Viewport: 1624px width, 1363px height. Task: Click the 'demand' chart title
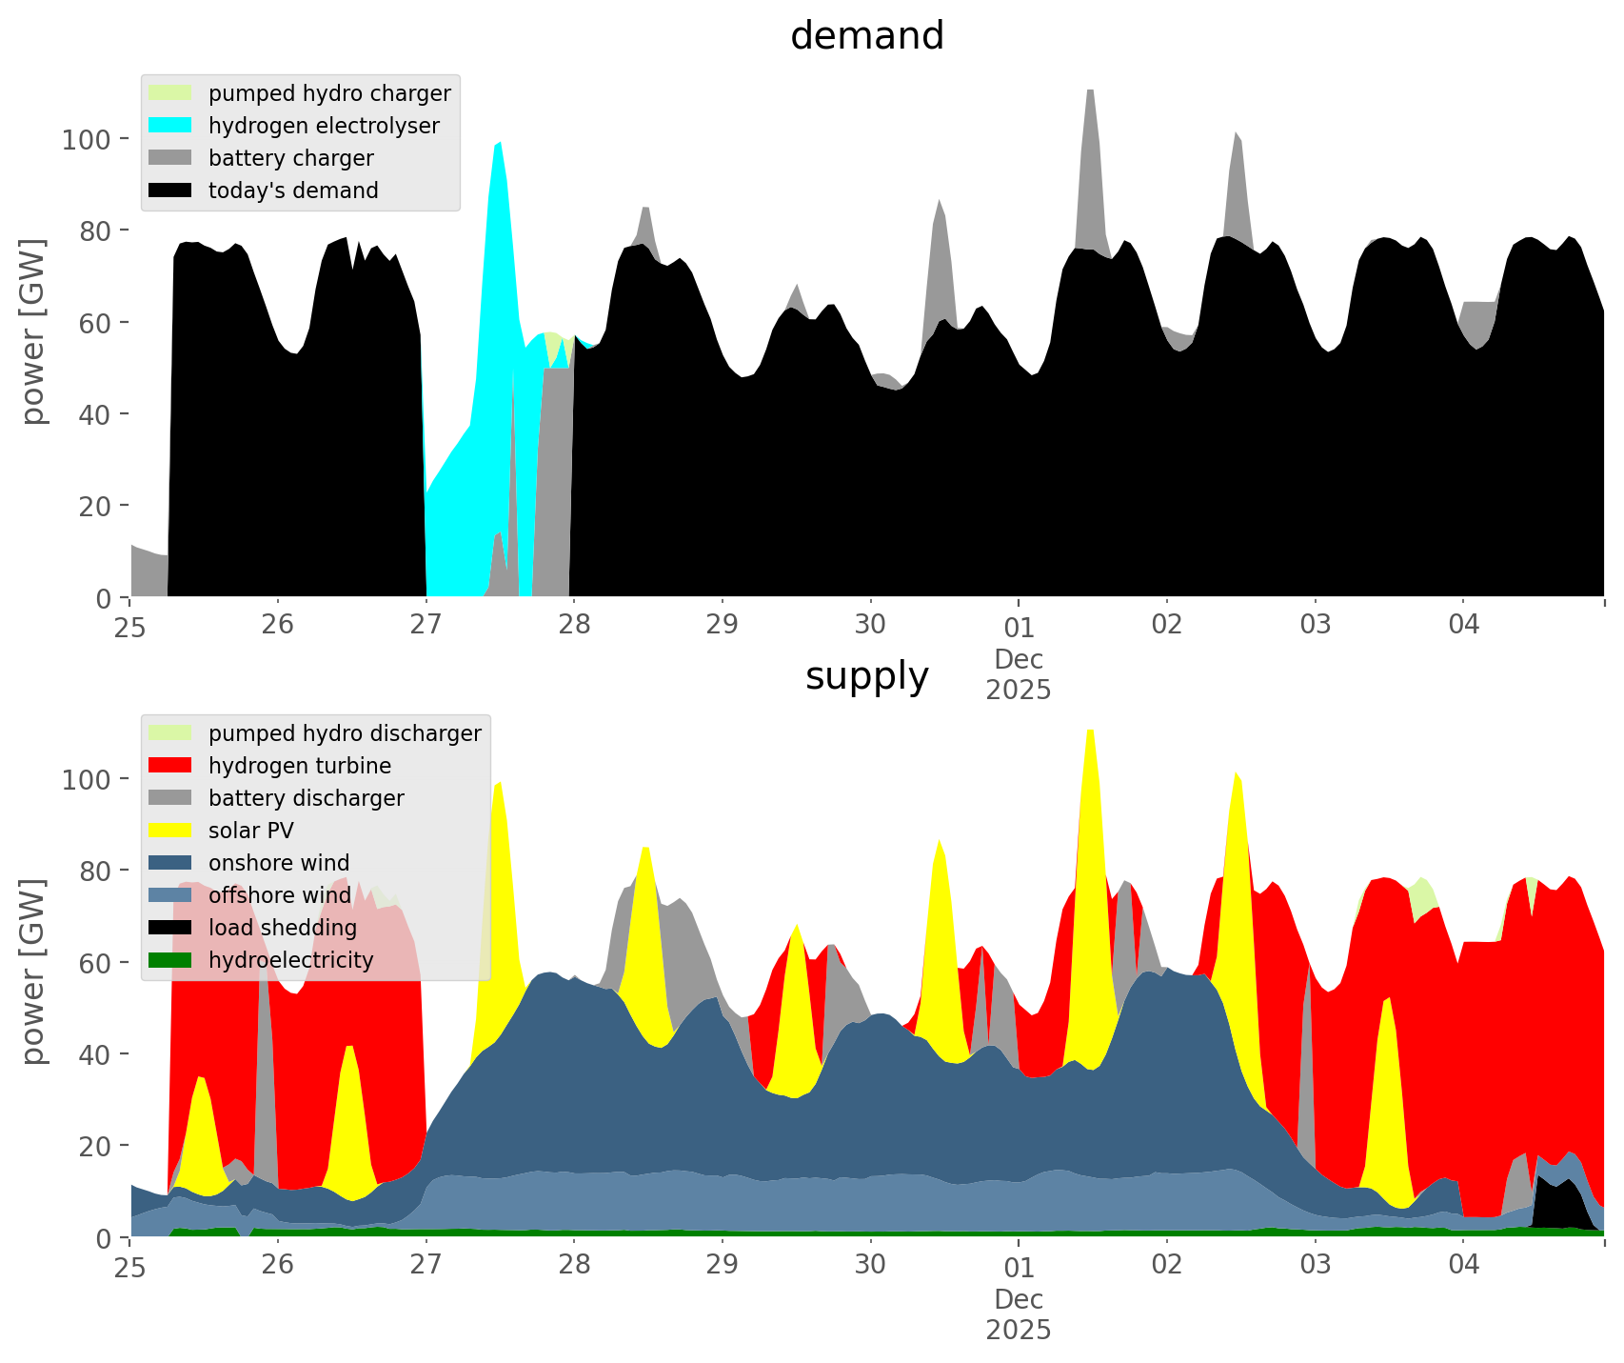[x=866, y=36]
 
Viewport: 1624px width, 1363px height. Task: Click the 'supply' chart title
[x=866, y=676]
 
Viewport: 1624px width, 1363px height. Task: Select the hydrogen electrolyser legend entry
[x=324, y=126]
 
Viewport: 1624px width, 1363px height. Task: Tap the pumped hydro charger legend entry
[x=329, y=93]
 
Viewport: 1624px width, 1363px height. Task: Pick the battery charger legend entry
[x=290, y=158]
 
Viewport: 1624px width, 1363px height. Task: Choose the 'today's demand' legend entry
[x=293, y=190]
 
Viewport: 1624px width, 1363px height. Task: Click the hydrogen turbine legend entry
[x=299, y=766]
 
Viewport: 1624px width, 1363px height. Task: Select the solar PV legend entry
[x=250, y=831]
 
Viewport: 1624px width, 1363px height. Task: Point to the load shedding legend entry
[x=283, y=928]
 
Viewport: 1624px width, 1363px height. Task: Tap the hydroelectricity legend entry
[x=290, y=960]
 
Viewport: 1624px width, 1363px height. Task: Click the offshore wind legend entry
[x=279, y=895]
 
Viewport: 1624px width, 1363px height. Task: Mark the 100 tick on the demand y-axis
[x=86, y=140]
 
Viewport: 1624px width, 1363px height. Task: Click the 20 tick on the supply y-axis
[x=95, y=1146]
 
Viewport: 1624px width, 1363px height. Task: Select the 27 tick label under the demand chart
[x=426, y=626]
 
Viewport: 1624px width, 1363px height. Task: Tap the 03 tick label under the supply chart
[x=1315, y=1266]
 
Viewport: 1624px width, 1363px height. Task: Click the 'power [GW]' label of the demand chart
[x=33, y=331]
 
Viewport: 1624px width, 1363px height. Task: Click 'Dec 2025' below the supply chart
[x=1018, y=1314]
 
